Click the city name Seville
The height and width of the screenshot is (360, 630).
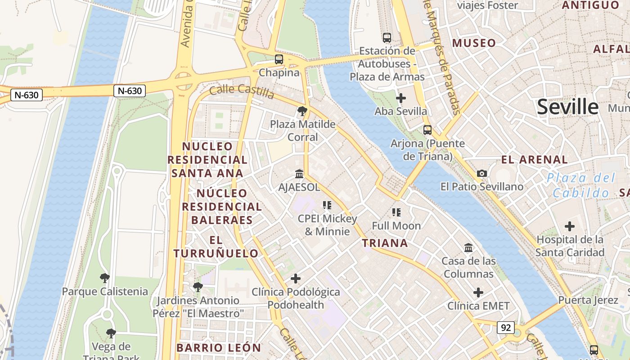pyautogui.click(x=567, y=107)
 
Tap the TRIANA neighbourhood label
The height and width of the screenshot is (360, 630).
pyautogui.click(x=385, y=243)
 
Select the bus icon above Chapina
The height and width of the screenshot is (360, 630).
pyautogui.click(x=279, y=59)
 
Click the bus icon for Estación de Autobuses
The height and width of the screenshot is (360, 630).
pyautogui.click(x=387, y=37)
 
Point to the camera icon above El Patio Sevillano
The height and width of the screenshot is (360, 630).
pyautogui.click(x=481, y=173)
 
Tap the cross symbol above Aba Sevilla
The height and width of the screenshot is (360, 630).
pyautogui.click(x=400, y=98)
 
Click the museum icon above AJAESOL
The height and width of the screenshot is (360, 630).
pyautogui.click(x=299, y=174)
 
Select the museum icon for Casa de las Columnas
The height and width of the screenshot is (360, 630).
pyautogui.click(x=468, y=247)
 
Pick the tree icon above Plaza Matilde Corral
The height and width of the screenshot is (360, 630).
pyautogui.click(x=302, y=111)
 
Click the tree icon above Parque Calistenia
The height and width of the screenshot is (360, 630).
pyautogui.click(x=105, y=278)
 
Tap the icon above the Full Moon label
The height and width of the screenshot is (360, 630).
pyautogui.click(x=396, y=212)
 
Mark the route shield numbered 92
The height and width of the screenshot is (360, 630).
pyautogui.click(x=505, y=328)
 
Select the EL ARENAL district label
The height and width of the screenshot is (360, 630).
pyautogui.click(x=534, y=160)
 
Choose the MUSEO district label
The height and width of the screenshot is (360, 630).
pyautogui.click(x=474, y=43)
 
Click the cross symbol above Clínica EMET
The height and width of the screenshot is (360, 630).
pyautogui.click(x=478, y=292)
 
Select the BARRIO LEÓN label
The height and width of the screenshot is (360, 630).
pyautogui.click(x=219, y=348)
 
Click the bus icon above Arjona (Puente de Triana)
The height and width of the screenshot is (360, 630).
pyautogui.click(x=427, y=130)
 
